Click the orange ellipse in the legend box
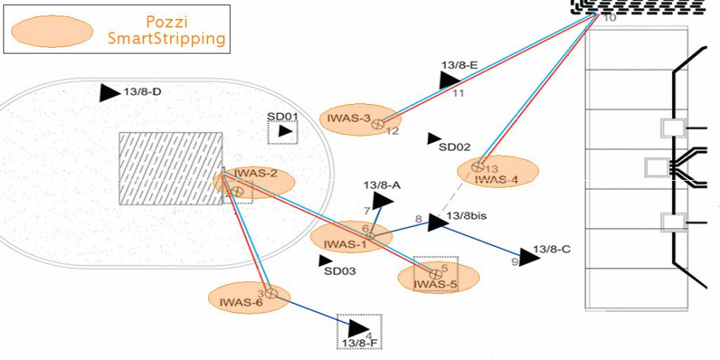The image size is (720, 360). pos(53,31)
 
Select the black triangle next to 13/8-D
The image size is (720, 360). pos(109,93)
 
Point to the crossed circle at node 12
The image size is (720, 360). pos(378,124)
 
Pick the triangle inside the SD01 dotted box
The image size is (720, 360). pos(285,131)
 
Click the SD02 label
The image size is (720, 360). pos(454,147)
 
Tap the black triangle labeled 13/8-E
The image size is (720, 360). pos(449,80)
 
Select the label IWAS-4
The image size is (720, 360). pos(496,179)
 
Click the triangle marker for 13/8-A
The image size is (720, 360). pos(382,200)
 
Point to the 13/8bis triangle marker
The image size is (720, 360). pos(437,222)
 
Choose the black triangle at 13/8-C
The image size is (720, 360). pos(528,257)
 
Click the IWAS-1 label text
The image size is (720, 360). pos(345,245)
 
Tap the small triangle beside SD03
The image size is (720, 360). pos(325,261)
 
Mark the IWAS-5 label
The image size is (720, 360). pos(435,285)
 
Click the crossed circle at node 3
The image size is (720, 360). pos(271,293)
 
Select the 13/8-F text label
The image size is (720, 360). pos(359,343)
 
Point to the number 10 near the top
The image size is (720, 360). pos(610,18)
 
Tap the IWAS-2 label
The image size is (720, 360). pos(255,174)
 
